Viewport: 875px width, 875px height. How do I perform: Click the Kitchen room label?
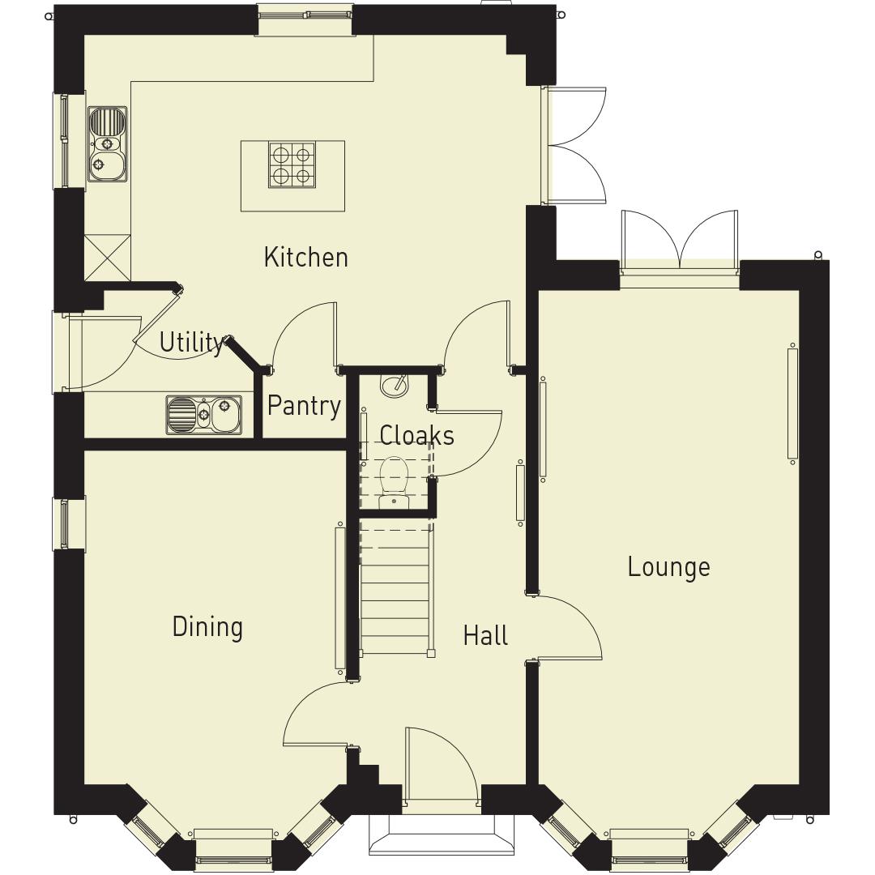pos(305,257)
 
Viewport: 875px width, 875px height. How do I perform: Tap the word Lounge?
pos(668,567)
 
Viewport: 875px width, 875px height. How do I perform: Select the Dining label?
pos(207,627)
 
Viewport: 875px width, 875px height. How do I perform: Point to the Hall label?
pos(485,635)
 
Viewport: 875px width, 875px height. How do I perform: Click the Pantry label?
pos(304,405)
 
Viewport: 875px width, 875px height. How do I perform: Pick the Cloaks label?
pos(416,435)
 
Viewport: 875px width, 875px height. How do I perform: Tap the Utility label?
pos(191,343)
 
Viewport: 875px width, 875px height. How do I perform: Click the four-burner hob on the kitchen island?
pos(292,164)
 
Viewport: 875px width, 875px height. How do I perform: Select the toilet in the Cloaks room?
pos(395,478)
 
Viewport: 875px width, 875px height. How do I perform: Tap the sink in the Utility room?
pos(204,414)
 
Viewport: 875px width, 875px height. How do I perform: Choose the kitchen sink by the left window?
pos(107,144)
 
